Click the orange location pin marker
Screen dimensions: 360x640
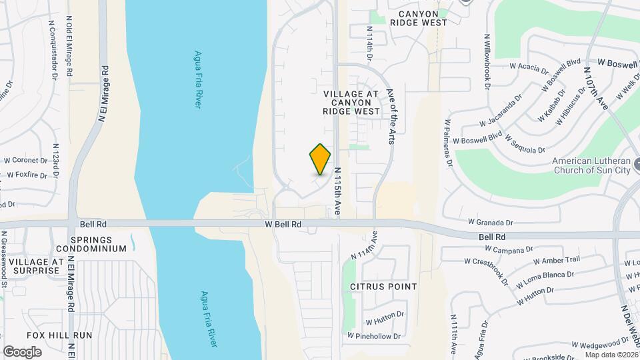pos(321,159)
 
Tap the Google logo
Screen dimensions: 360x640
pos(22,351)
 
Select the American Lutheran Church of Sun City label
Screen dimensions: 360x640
pos(592,165)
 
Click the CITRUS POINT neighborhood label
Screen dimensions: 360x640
pos(383,287)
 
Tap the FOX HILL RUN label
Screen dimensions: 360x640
pos(55,335)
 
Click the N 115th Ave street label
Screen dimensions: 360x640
pos(338,191)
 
